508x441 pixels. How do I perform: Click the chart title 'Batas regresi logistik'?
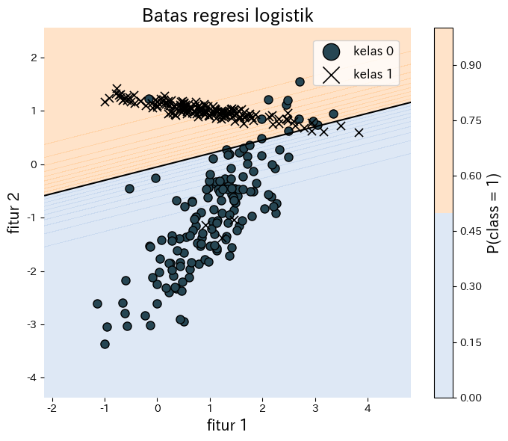click(x=227, y=15)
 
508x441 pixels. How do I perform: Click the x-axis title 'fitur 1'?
click(x=226, y=425)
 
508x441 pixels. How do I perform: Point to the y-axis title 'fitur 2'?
click(x=14, y=212)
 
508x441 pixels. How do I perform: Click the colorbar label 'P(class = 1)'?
click(x=493, y=212)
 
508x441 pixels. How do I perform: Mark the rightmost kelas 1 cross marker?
click(x=359, y=132)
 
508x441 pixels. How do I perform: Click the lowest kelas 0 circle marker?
click(x=105, y=344)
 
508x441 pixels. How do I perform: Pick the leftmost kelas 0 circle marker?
click(x=97, y=303)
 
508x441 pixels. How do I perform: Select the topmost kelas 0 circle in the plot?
click(x=300, y=81)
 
